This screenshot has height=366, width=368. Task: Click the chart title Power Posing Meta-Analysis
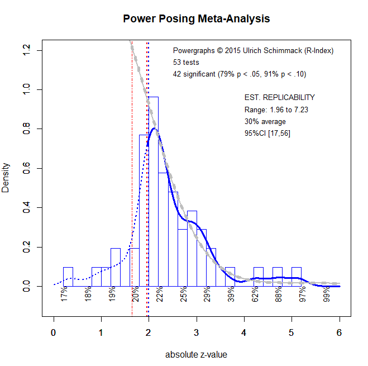tap(197, 19)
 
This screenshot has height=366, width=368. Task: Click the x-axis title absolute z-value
tap(196, 354)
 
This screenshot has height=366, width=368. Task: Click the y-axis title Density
tap(6, 178)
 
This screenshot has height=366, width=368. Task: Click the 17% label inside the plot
tap(64, 294)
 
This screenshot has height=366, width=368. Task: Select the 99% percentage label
tap(327, 294)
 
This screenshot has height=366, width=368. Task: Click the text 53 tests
tap(186, 63)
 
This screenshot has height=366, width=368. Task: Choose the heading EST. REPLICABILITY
tap(280, 97)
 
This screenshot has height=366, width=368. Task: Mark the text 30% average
tap(265, 121)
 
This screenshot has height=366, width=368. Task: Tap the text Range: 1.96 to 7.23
tap(276, 110)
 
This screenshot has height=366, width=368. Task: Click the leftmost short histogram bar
tap(68, 277)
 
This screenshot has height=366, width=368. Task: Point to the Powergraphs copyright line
tap(253, 51)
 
